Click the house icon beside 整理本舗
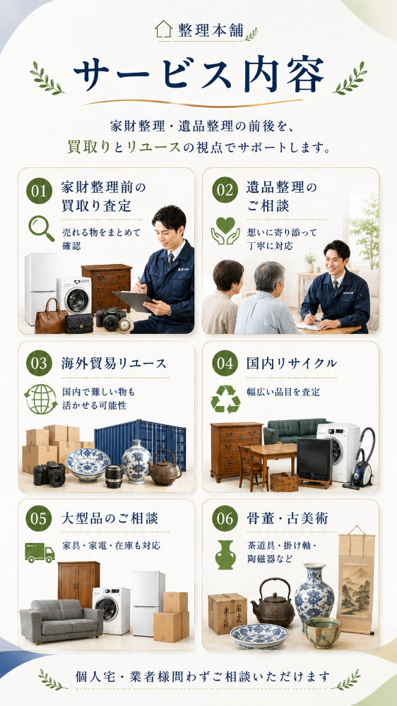click(x=164, y=29)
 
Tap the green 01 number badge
click(x=39, y=191)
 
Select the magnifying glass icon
click(x=41, y=228)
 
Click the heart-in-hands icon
click(x=225, y=231)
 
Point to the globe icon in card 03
click(x=41, y=399)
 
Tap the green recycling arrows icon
click(x=225, y=399)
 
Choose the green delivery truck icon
click(x=40, y=553)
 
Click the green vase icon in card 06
click(x=225, y=555)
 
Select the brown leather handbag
click(x=50, y=316)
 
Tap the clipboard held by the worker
click(x=134, y=301)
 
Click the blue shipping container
click(x=140, y=443)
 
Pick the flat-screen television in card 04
click(x=314, y=460)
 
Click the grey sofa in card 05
click(x=61, y=621)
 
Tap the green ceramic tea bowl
click(x=323, y=633)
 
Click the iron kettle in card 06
click(x=273, y=603)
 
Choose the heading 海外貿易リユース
click(x=114, y=364)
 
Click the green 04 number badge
click(x=225, y=363)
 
